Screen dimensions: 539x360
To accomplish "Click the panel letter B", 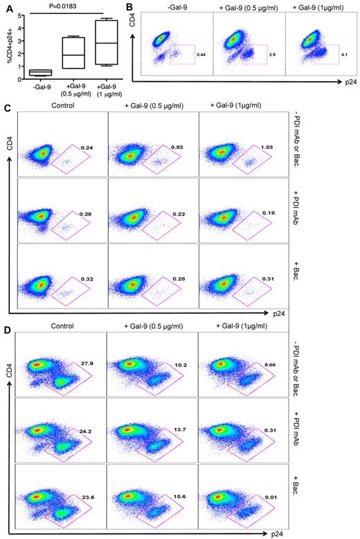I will [x=130, y=6].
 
